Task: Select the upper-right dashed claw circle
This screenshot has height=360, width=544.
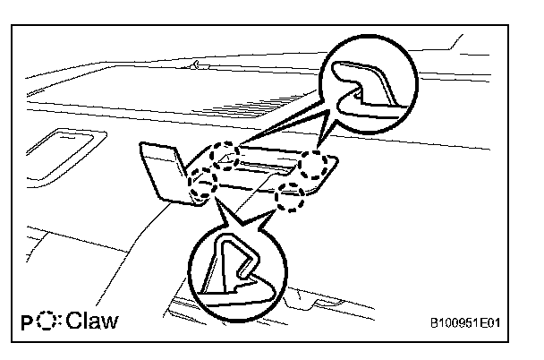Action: pyautogui.click(x=313, y=165)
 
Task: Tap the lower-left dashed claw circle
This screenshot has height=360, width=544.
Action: pyautogui.click(x=205, y=186)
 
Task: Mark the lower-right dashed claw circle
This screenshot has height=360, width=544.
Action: pyautogui.click(x=290, y=196)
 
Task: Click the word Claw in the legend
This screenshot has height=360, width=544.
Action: pyautogui.click(x=94, y=320)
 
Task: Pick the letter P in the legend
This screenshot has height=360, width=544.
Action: pyautogui.click(x=27, y=321)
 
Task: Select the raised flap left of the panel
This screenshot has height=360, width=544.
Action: pyautogui.click(x=162, y=170)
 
